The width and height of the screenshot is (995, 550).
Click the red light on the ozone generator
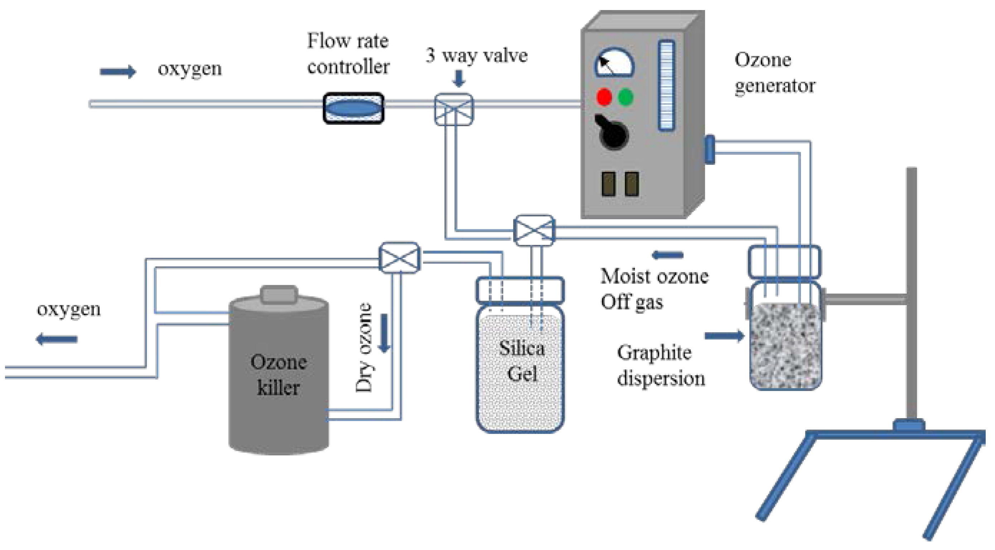(x=604, y=97)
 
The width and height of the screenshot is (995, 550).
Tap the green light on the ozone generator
(x=626, y=97)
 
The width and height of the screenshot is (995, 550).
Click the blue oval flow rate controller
(x=353, y=108)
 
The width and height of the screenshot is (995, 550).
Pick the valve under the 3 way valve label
(x=454, y=109)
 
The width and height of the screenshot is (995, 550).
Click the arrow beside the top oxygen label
(x=117, y=72)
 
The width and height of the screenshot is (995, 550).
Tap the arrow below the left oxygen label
(x=57, y=339)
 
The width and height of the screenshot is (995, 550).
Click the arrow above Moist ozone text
(x=667, y=255)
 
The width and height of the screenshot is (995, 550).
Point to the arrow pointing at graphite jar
(x=724, y=335)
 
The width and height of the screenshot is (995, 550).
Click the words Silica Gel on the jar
(x=521, y=360)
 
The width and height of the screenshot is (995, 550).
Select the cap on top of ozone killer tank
(x=279, y=295)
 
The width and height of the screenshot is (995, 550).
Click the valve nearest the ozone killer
(x=399, y=257)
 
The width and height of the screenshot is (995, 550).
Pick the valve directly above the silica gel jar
(x=534, y=230)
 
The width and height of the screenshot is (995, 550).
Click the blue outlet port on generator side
(x=710, y=149)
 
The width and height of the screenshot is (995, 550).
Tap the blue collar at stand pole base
(x=908, y=426)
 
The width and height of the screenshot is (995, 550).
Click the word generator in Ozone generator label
(x=774, y=86)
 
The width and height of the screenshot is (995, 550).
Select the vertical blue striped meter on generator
(x=666, y=85)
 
